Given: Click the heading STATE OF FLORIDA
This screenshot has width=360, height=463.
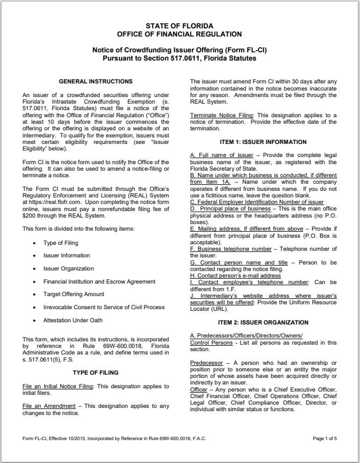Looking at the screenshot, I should pyautogui.click(x=179, y=26).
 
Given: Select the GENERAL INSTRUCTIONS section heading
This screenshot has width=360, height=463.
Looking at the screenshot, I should pyautogui.click(x=95, y=82).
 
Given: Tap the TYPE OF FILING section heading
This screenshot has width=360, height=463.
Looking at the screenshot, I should pyautogui.click(x=95, y=372).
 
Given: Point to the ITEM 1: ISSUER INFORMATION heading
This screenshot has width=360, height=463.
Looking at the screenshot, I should pyautogui.click(x=263, y=142).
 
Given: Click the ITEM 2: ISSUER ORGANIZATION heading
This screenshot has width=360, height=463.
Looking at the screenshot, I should pyautogui.click(x=263, y=322).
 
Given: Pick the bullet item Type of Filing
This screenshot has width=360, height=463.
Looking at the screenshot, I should pyautogui.click(x=61, y=243).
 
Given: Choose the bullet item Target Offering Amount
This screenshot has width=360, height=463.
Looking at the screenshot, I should pyautogui.click(x=74, y=294).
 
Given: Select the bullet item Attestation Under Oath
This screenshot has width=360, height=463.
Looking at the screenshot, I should pyautogui.click(x=73, y=320).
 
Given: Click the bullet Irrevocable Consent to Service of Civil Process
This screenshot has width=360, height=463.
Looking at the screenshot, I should pyautogui.click(x=104, y=308).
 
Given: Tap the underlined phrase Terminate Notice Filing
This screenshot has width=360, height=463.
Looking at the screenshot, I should pyautogui.click(x=221, y=115).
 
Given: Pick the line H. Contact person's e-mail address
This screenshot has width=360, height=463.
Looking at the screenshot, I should pyautogui.click(x=235, y=275).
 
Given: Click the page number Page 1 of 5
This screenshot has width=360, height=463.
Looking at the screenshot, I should pyautogui.click(x=325, y=438).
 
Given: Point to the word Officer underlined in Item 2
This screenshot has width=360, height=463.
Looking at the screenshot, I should pyautogui.click(x=199, y=389).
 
